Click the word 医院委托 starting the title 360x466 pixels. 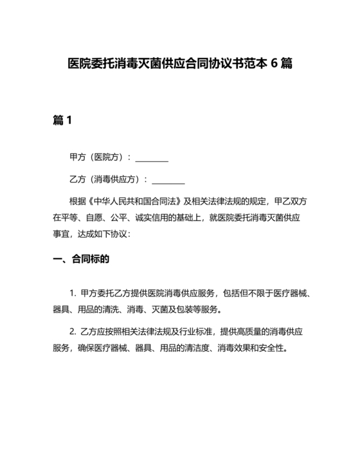pyautogui.click(x=89, y=65)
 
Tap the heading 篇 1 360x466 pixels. pyautogui.click(x=62, y=120)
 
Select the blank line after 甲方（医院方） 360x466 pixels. pyautogui.click(x=152, y=157)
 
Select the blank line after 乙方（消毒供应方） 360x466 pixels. pyautogui.click(x=168, y=179)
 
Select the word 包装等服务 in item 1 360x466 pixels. pyautogui.click(x=195, y=310)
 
